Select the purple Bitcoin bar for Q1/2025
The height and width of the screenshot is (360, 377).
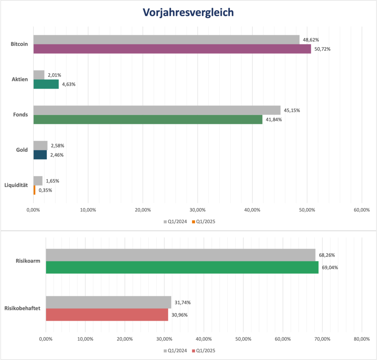point(172,49)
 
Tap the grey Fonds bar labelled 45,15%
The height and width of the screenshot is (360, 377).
point(157,110)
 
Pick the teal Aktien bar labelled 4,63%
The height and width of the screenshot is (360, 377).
point(46,84)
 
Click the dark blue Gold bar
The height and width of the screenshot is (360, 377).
point(40,155)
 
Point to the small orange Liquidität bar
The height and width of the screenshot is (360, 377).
point(35,190)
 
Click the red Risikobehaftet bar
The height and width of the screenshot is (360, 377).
point(107,315)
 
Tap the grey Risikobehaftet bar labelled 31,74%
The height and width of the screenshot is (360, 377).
point(108,302)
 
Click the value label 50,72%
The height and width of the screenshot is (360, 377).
point(323,49)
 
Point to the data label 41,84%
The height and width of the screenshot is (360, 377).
point(274,119)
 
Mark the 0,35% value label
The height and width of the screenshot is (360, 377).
point(45,190)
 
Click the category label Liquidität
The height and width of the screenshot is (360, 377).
point(17,185)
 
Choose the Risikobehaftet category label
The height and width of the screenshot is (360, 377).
point(23,309)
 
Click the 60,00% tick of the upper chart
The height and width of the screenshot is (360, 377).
point(361,210)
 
